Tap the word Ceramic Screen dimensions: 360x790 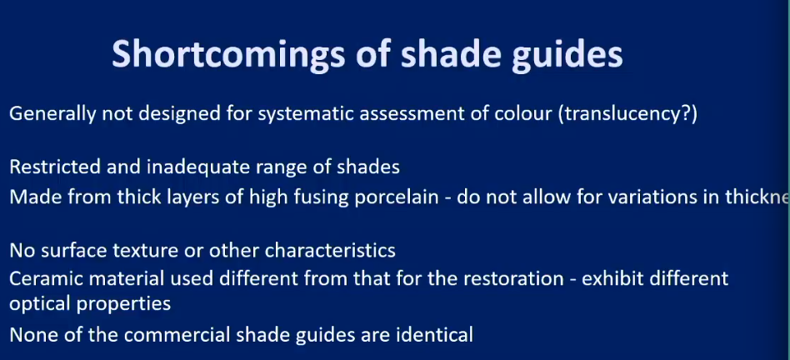(x=43, y=278)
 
